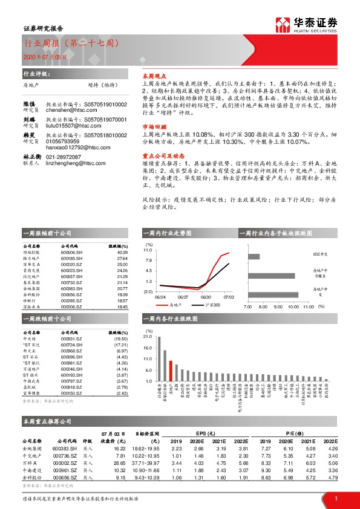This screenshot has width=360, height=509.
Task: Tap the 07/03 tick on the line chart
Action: (x=229, y=297)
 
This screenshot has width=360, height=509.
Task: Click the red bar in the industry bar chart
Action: (x=171, y=369)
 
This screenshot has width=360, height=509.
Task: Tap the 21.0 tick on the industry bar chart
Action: (x=148, y=336)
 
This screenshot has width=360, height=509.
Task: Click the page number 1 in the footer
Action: (x=335, y=498)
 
